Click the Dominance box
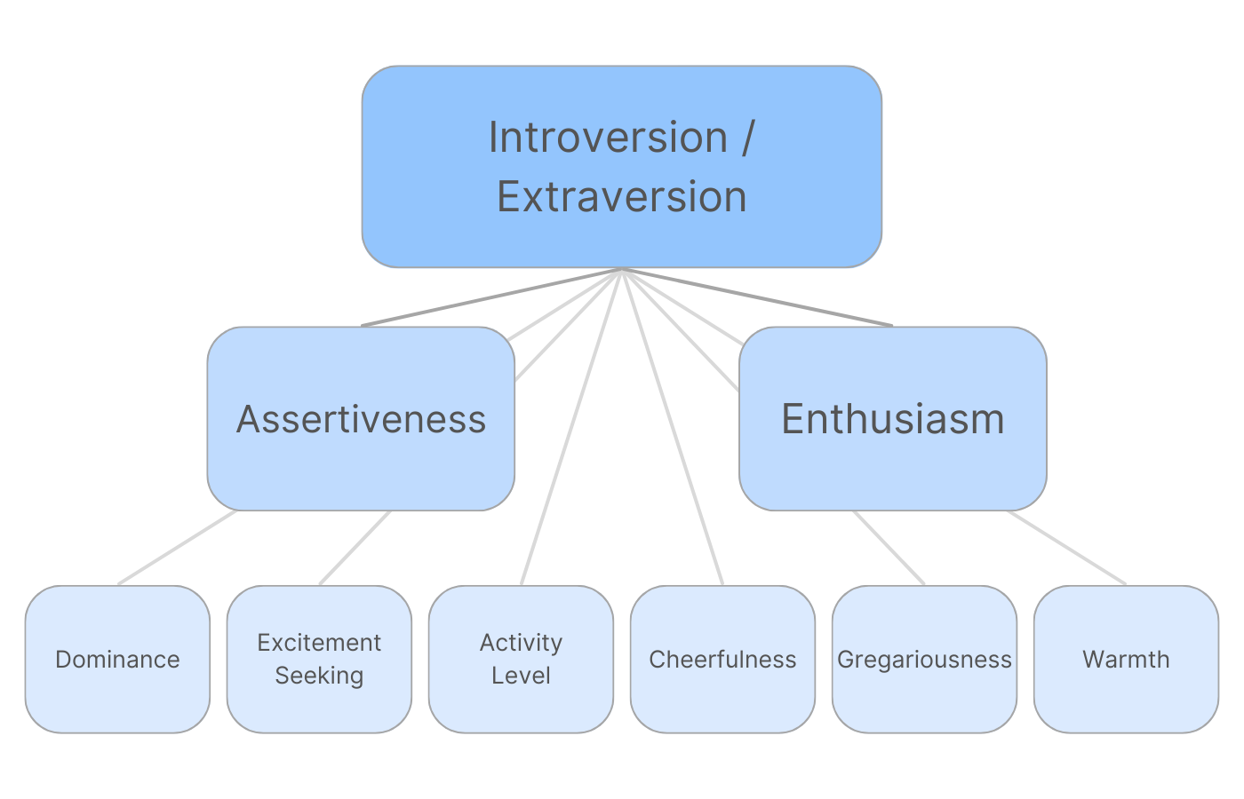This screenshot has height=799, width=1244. coord(117,659)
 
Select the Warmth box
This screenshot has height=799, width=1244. coord(1126,659)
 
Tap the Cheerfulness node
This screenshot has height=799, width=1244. coord(722,659)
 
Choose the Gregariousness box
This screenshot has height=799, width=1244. coord(924,659)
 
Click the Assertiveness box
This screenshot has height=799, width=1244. coord(361,419)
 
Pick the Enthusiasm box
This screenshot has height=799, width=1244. coord(892,419)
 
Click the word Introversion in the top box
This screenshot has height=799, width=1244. coord(609,138)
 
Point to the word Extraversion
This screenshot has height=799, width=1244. coord(622,196)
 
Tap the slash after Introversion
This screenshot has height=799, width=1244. coord(746,138)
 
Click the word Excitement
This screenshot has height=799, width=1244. coord(319,642)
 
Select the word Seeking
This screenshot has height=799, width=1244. coord(319,676)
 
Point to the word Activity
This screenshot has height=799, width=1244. coord(521,642)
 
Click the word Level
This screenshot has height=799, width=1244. coord(521,676)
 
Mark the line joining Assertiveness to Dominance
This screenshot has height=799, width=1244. coord(178,547)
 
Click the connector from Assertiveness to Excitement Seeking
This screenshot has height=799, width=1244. coord(355,547)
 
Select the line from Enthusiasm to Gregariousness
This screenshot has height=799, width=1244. coord(889,547)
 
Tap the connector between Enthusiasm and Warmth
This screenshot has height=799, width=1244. coord(1066,547)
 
